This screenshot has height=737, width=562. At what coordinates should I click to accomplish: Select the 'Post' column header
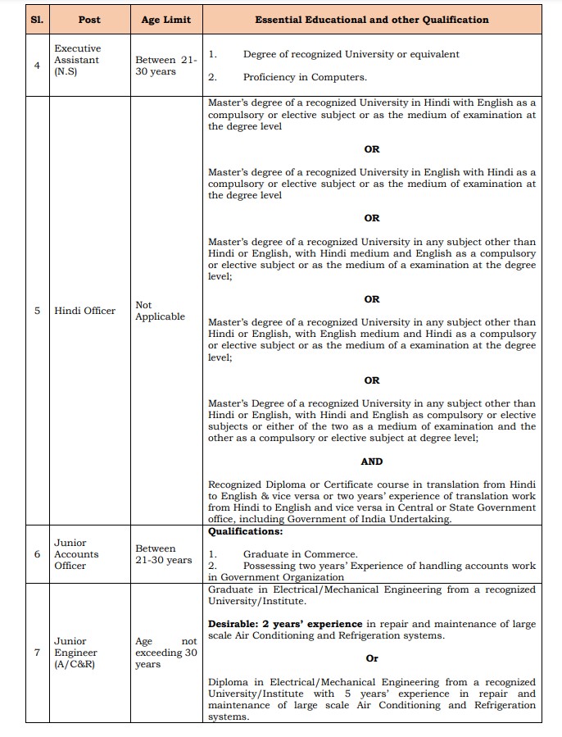point(89,20)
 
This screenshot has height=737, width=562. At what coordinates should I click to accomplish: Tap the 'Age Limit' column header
point(165,20)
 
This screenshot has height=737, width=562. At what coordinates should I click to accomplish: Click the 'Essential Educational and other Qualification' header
point(371,20)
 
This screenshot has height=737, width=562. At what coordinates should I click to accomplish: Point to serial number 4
point(38,66)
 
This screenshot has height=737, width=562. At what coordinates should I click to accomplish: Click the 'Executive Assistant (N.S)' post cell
point(77,60)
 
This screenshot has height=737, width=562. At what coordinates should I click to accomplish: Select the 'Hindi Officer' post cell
point(85,311)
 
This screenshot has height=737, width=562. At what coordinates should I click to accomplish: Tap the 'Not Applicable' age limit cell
point(160,311)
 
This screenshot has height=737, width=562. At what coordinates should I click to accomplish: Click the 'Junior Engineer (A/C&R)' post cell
point(77,653)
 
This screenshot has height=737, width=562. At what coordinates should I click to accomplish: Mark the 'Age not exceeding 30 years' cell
point(165,653)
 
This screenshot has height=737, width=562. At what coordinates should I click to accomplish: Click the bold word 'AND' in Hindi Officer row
point(371,462)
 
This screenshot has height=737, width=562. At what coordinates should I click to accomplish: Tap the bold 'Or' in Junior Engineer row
point(371,658)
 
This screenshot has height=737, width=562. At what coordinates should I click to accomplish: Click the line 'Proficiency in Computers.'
point(305,77)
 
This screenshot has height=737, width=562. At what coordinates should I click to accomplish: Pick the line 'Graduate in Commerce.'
point(300,554)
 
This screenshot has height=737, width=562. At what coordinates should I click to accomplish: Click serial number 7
point(38,653)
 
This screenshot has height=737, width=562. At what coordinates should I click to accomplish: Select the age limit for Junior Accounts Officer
point(163,554)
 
